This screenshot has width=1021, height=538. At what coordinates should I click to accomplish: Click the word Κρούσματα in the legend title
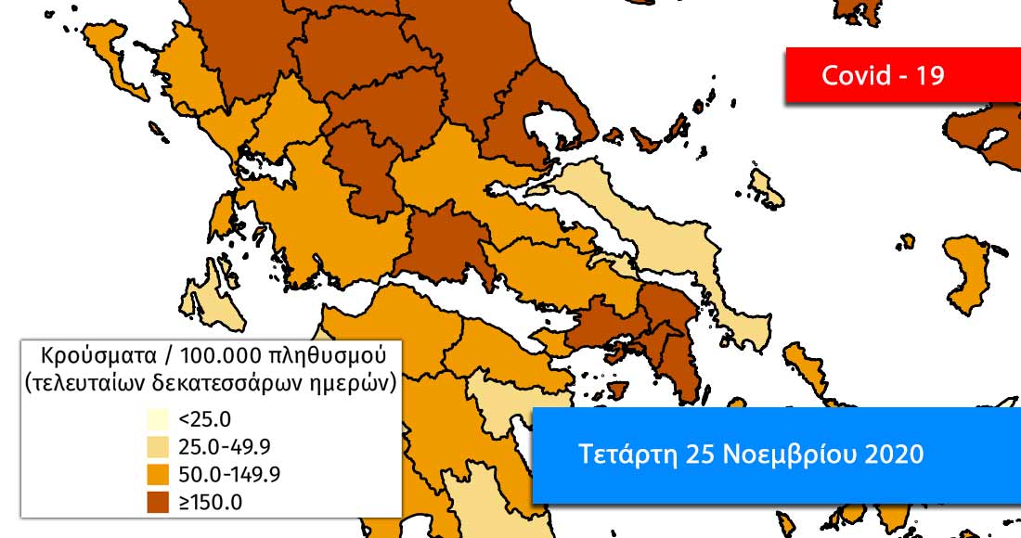point(86,355)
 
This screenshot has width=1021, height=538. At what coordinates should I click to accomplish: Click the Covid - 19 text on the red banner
point(883,75)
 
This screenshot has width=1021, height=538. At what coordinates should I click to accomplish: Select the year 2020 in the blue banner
point(893,455)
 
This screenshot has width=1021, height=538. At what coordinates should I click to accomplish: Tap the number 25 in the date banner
point(700,455)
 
